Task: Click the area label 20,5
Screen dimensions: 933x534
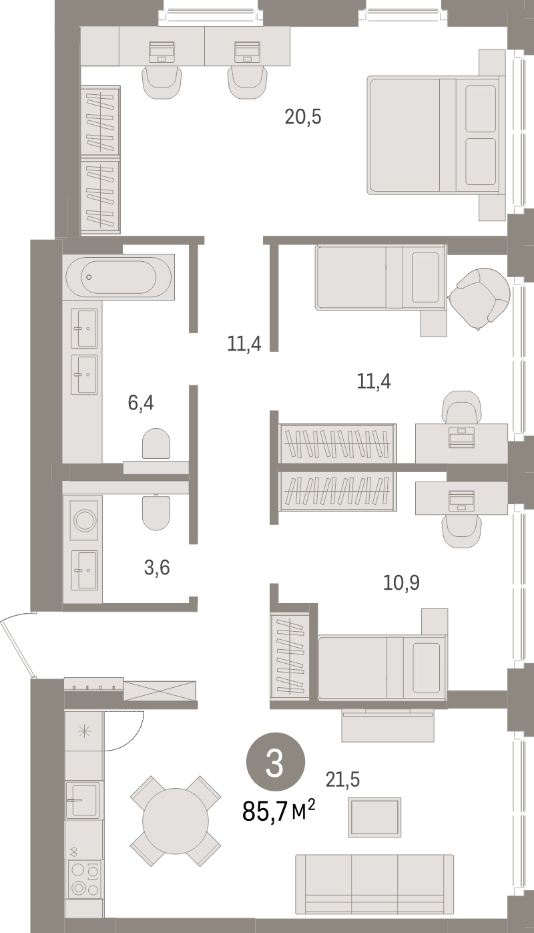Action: point(303,118)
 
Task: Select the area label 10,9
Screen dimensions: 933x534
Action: point(401,582)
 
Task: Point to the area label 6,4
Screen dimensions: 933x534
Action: point(142,403)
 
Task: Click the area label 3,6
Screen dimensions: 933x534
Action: point(157,568)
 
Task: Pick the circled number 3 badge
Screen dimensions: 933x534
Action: point(276,763)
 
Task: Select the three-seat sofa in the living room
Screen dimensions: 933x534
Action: point(374,884)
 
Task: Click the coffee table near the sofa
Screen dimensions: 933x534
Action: point(374,816)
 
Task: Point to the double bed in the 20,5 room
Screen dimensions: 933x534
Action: point(434,136)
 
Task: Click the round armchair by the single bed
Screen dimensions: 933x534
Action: point(479,299)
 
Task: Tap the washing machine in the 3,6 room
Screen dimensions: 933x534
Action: point(84,520)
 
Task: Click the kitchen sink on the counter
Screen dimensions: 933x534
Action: point(83,799)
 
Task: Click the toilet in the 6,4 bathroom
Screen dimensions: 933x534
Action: point(156,443)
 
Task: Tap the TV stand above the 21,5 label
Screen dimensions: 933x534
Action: point(387,726)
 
